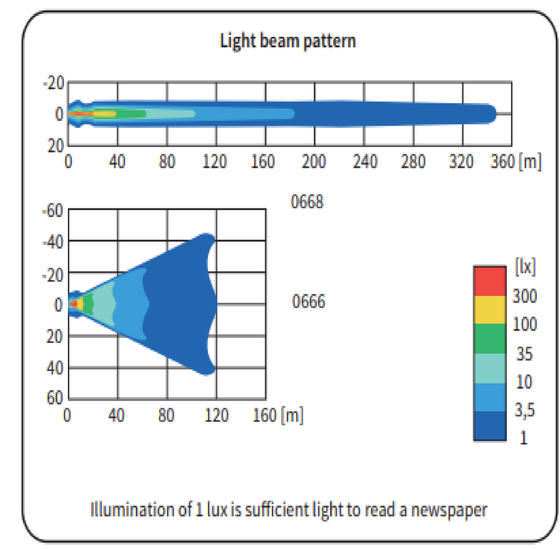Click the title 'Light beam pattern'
click(x=288, y=41)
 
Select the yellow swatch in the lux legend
click(x=489, y=310)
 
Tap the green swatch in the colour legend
click(x=489, y=339)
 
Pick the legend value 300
click(x=524, y=297)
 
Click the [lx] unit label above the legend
click(x=526, y=268)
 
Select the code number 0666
click(x=308, y=301)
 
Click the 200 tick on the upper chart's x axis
click(x=315, y=162)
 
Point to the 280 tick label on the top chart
click(x=413, y=162)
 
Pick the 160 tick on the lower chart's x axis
click(x=265, y=416)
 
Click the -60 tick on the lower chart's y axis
click(x=53, y=211)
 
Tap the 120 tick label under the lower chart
click(x=217, y=416)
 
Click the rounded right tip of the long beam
click(x=493, y=114)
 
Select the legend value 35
click(x=524, y=354)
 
